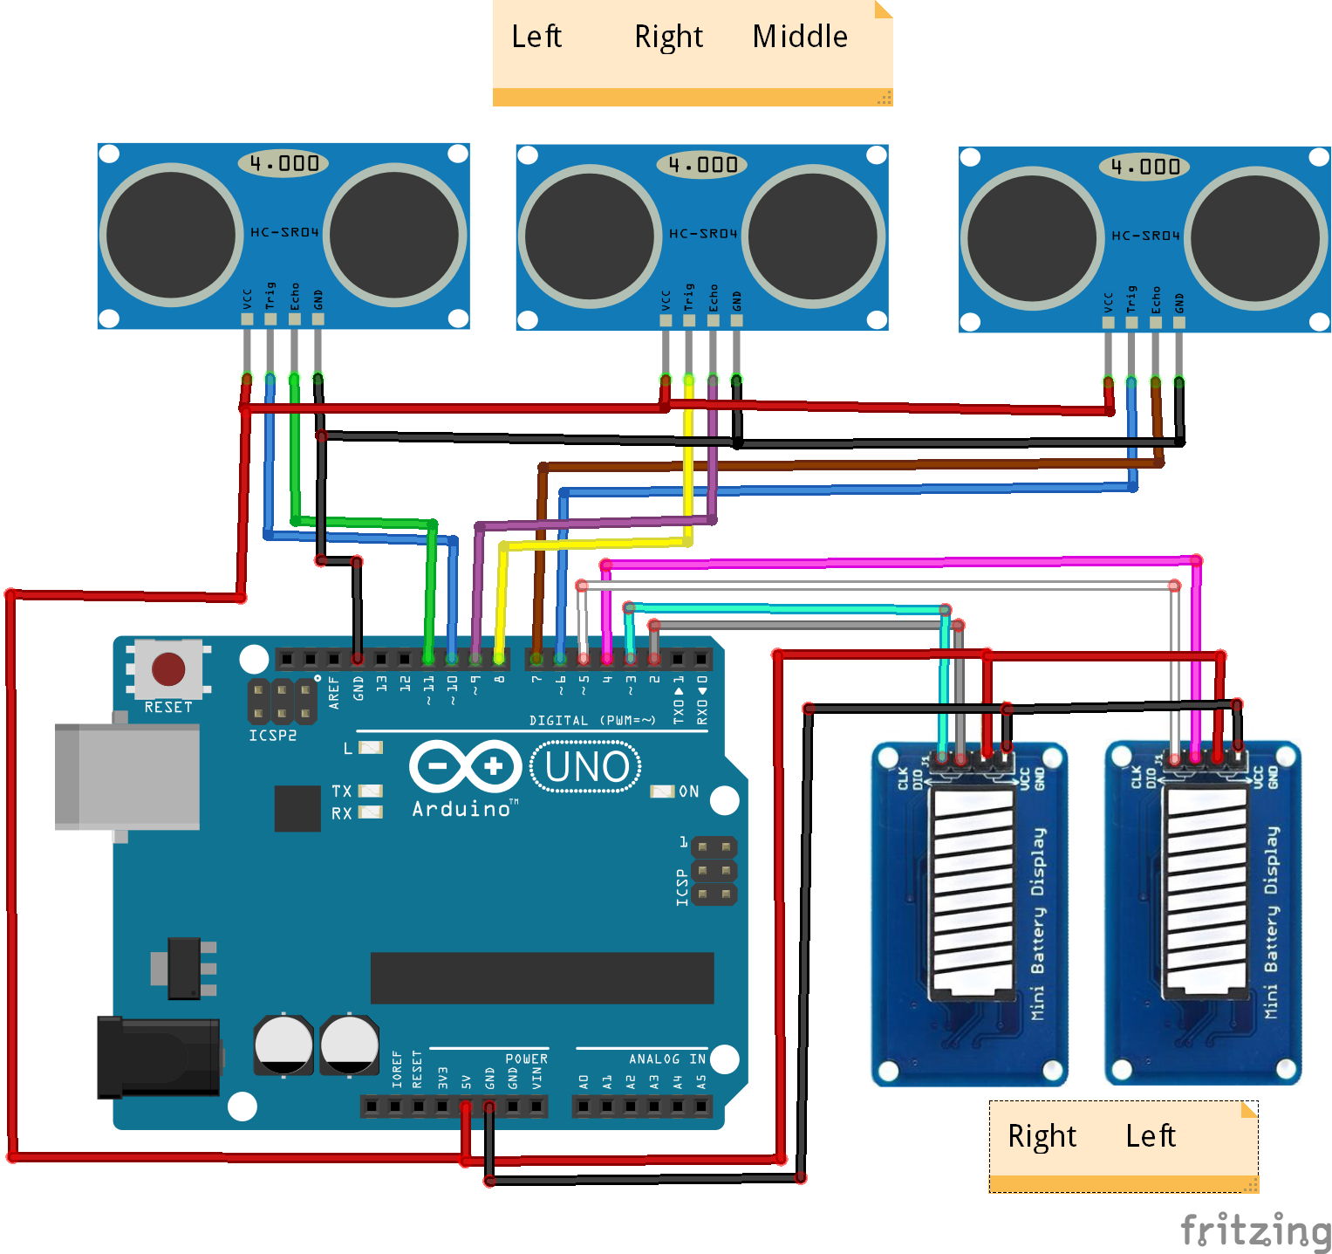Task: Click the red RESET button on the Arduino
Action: pyautogui.click(x=168, y=669)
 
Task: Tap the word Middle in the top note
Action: pyautogui.click(x=800, y=37)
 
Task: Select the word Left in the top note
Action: pyautogui.click(x=536, y=37)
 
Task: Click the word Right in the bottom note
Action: pyautogui.click(x=1042, y=1136)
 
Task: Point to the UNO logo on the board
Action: pyautogui.click(x=586, y=767)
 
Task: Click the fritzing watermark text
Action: pyautogui.click(x=1254, y=1230)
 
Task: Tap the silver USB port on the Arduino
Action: pyautogui.click(x=126, y=776)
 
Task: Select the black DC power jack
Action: pyautogui.click(x=157, y=1056)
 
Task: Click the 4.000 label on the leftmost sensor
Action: pyautogui.click(x=283, y=163)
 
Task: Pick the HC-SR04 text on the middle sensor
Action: pyautogui.click(x=703, y=234)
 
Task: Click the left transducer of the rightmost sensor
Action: pyautogui.click(x=1032, y=236)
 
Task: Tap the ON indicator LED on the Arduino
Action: pyautogui.click(x=663, y=791)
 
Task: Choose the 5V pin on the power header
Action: pyautogui.click(x=466, y=1107)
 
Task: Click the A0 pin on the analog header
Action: pyautogui.click(x=584, y=1107)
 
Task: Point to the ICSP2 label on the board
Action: pyautogui.click(x=272, y=736)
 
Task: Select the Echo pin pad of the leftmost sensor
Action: pyautogui.click(x=295, y=319)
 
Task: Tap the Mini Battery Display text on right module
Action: pyautogui.click(x=1272, y=922)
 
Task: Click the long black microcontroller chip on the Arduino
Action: pyautogui.click(x=542, y=978)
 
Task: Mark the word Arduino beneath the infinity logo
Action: pyautogui.click(x=461, y=809)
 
